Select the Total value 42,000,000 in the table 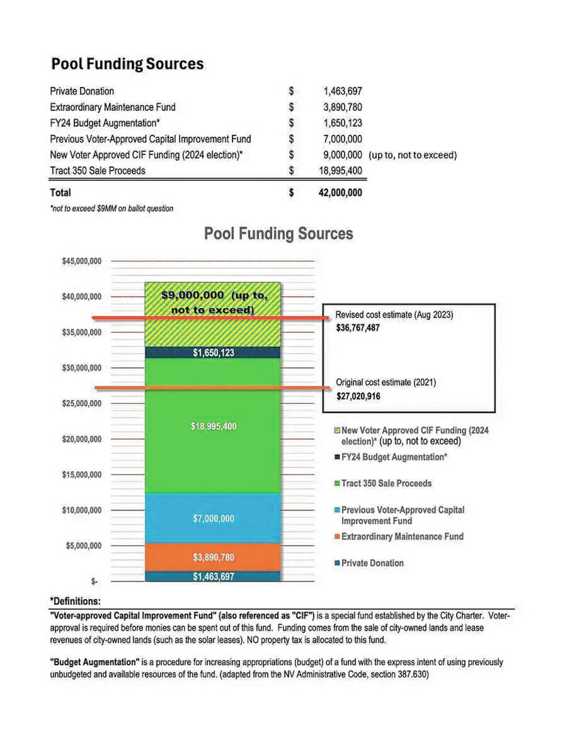tap(340, 193)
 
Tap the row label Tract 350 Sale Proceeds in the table tap(98, 171)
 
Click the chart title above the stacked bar tap(278, 234)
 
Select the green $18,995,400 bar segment tap(213, 427)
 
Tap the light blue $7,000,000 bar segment tap(213, 518)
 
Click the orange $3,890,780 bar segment tap(213, 558)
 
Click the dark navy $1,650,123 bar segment tap(213, 353)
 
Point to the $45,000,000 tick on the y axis tap(82, 261)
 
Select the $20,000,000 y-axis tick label tap(82, 439)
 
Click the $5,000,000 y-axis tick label tap(84, 546)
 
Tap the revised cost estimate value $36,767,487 tap(358, 328)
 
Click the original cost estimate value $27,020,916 tap(358, 396)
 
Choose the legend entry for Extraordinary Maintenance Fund tap(402, 537)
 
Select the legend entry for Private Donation tap(372, 563)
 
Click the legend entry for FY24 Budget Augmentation tap(394, 457)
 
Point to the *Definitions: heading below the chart tap(75, 601)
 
